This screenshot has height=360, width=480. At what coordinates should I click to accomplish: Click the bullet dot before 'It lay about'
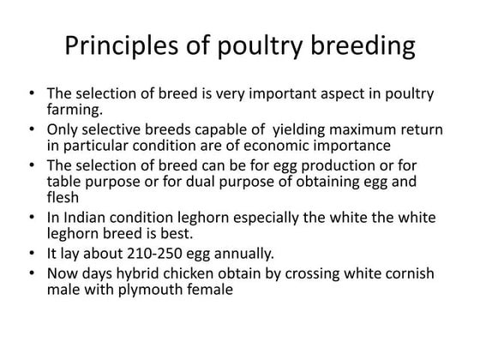point(32,255)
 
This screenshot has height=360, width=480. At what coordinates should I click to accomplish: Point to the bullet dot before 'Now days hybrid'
point(32,275)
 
